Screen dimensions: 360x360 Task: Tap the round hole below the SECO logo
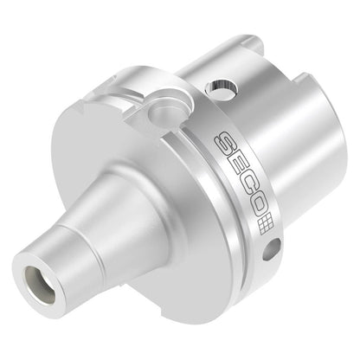(272, 248)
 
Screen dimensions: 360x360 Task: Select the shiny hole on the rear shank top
(222, 87)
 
